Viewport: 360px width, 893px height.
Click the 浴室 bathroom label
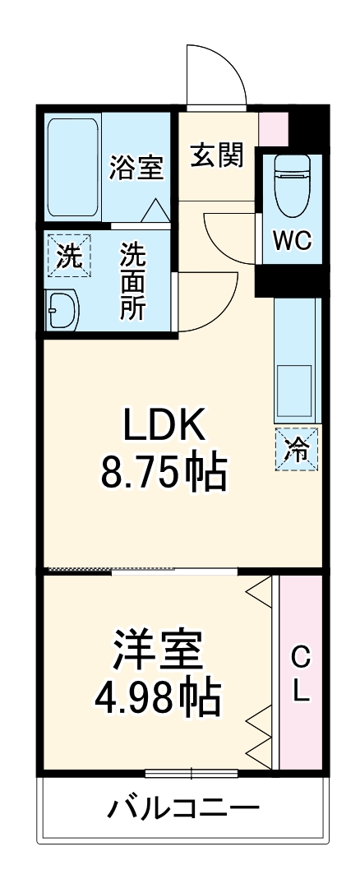click(136, 168)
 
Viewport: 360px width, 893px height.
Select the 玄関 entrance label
click(217, 155)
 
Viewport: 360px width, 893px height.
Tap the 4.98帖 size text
click(158, 698)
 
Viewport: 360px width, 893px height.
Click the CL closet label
click(302, 674)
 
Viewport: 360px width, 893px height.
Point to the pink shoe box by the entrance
click(274, 127)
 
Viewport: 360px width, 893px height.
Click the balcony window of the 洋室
click(192, 773)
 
